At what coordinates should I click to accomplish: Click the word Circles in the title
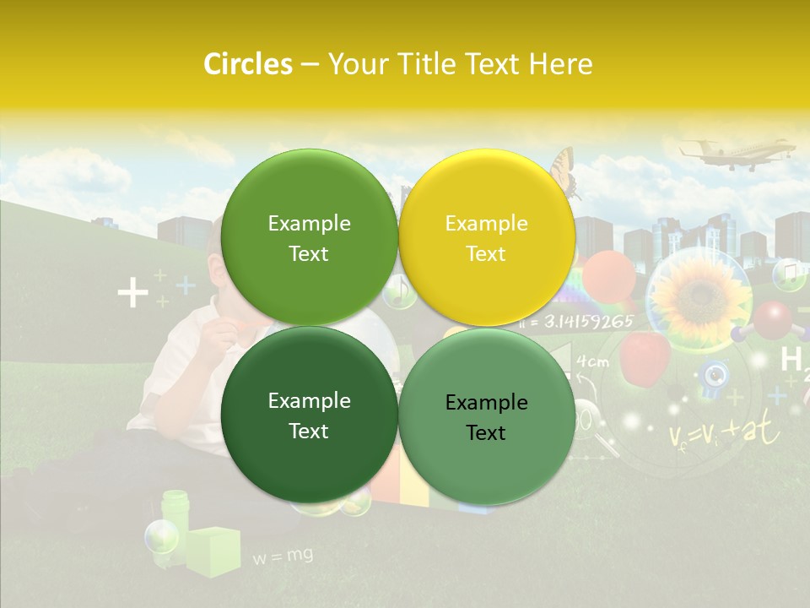247,64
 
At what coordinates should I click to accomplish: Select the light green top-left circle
309,237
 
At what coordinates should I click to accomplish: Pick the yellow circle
487,237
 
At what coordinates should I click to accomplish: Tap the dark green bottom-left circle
309,415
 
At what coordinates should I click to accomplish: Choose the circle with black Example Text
487,416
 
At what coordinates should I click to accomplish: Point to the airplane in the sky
737,155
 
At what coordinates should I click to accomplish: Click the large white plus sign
132,294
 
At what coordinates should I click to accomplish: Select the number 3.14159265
588,321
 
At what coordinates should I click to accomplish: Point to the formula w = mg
283,556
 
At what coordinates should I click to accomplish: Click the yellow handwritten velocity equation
724,432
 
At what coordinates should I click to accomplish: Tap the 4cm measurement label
592,362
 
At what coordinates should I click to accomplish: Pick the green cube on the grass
213,551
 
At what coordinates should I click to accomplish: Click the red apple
644,356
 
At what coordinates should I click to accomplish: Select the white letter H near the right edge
791,359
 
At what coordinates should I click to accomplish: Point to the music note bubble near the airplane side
789,274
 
